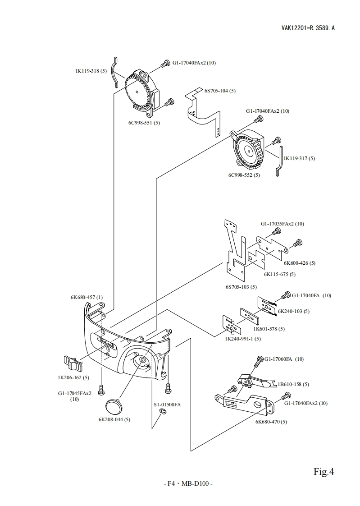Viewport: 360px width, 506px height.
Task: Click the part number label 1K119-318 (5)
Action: pyautogui.click(x=91, y=71)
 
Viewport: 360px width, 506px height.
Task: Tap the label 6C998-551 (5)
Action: pyautogui.click(x=144, y=122)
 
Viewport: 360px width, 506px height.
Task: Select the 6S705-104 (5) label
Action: pyautogui.click(x=220, y=91)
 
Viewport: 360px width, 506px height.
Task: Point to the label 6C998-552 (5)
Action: pyautogui.click(x=244, y=175)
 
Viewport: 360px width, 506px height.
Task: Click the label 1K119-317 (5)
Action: pyautogui.click(x=299, y=158)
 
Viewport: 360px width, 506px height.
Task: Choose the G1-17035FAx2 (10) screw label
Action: pyautogui.click(x=282, y=224)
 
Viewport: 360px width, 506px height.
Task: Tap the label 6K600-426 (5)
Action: pyautogui.click(x=299, y=263)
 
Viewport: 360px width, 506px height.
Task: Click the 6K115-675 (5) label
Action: pyautogui.click(x=279, y=274)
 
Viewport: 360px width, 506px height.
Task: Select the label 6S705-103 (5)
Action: pyautogui.click(x=241, y=287)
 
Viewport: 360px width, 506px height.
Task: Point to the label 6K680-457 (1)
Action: pyautogui.click(x=87, y=298)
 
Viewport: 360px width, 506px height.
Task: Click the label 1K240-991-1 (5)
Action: pyautogui.click(x=242, y=339)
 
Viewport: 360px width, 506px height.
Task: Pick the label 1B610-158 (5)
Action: pyautogui.click(x=293, y=384)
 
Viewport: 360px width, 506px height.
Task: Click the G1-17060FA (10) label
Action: pyautogui.click(x=284, y=359)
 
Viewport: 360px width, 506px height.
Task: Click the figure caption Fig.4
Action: pyautogui.click(x=324, y=472)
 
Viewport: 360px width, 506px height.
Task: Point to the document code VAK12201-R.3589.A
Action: pyautogui.click(x=308, y=28)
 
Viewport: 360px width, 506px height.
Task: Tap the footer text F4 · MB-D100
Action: pyautogui.click(x=187, y=484)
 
